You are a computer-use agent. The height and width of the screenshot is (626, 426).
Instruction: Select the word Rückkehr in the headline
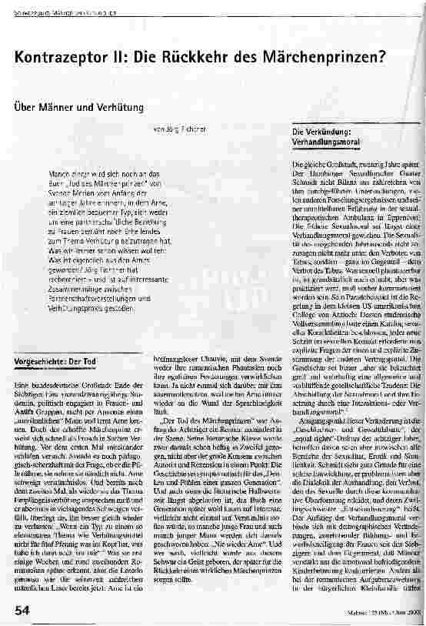pyautogui.click(x=183, y=58)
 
